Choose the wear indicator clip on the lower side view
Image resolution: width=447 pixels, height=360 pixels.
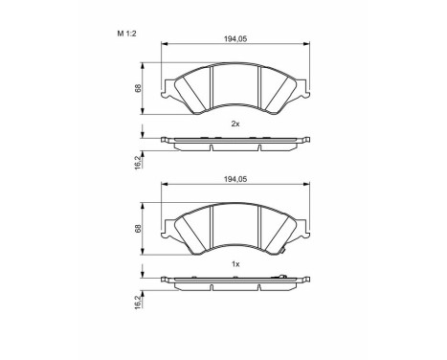(x=287, y=279)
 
